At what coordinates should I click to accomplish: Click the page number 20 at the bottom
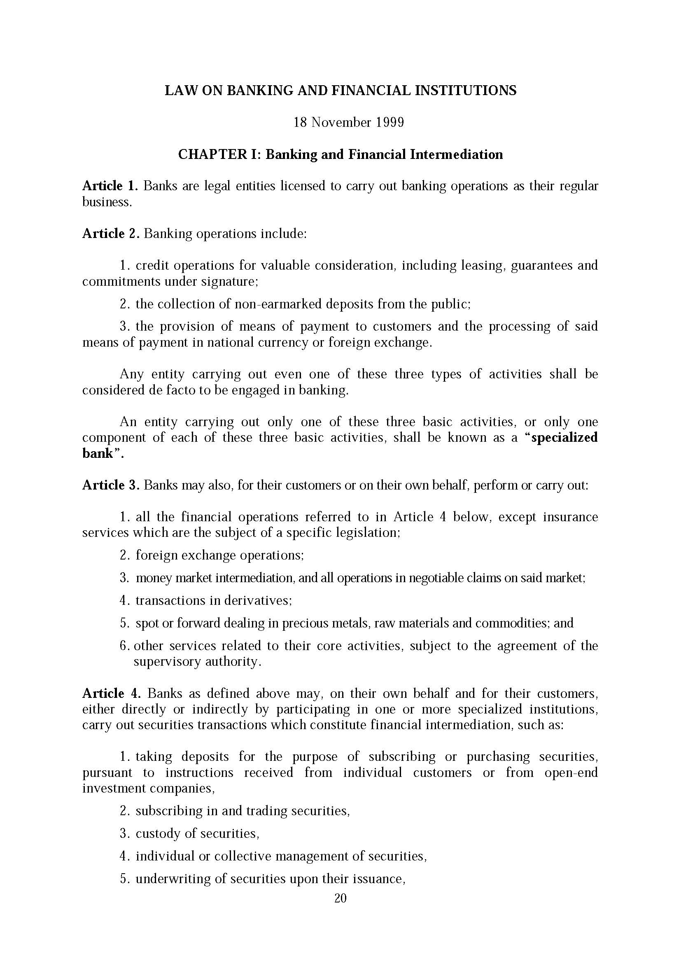click(340, 898)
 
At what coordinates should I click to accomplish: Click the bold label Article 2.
click(110, 233)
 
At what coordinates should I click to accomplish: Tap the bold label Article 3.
click(110, 485)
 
